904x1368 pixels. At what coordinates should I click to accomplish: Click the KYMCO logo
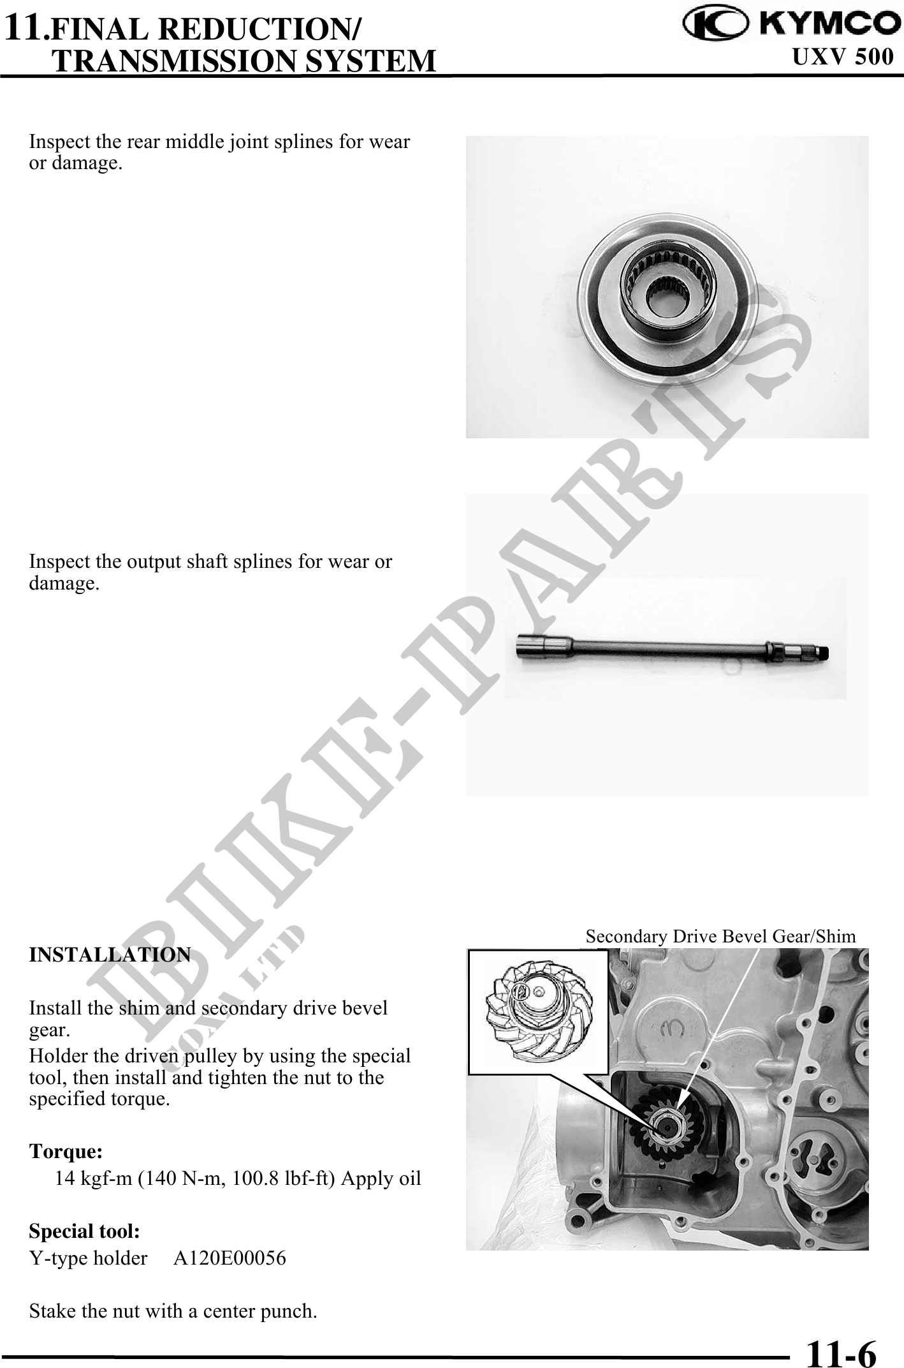[788, 24]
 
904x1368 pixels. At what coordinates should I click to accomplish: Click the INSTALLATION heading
[110, 955]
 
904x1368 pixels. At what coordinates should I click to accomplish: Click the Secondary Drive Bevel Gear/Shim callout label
[721, 936]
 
